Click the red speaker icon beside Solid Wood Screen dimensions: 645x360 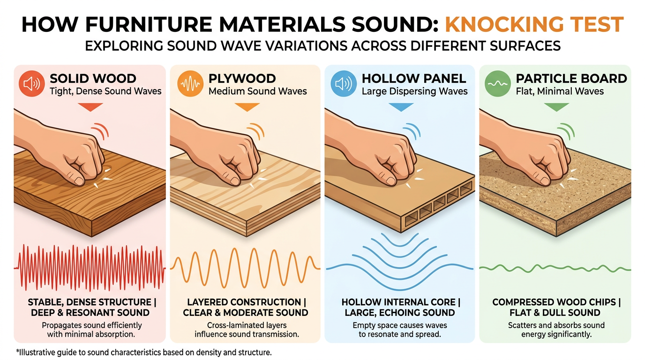click(32, 83)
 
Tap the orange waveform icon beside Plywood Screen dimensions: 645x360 click(190, 83)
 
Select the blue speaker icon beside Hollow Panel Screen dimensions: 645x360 click(344, 83)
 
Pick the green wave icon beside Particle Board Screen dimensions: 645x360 click(497, 83)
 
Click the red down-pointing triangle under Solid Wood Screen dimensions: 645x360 click(90, 107)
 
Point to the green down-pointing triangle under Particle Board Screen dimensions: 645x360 click(556, 107)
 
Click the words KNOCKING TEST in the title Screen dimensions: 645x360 click(534, 24)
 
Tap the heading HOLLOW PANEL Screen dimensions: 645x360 click(414, 78)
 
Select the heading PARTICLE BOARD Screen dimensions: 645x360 click(571, 78)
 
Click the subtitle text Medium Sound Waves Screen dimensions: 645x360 click(258, 91)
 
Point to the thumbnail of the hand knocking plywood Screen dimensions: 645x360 click(245, 173)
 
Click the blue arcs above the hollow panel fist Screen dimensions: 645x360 click(412, 131)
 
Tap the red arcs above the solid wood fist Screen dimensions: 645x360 click(100, 131)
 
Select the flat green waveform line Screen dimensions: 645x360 click(555, 269)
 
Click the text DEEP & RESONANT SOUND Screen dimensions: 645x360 click(90, 313)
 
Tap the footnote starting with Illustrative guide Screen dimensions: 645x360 click(144, 352)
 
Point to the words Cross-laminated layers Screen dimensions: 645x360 click(247, 325)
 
